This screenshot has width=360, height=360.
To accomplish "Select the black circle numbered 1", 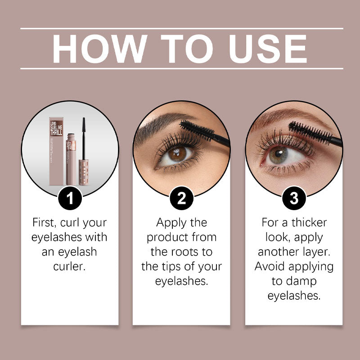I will (70, 198).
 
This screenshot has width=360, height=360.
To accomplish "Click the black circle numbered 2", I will (181, 198).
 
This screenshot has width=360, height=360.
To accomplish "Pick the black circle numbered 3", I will (294, 198).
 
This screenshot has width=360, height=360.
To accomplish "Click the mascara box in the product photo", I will (57, 151).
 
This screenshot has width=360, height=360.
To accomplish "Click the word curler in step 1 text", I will (70, 266).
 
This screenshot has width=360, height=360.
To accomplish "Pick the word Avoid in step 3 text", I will (271, 266).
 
